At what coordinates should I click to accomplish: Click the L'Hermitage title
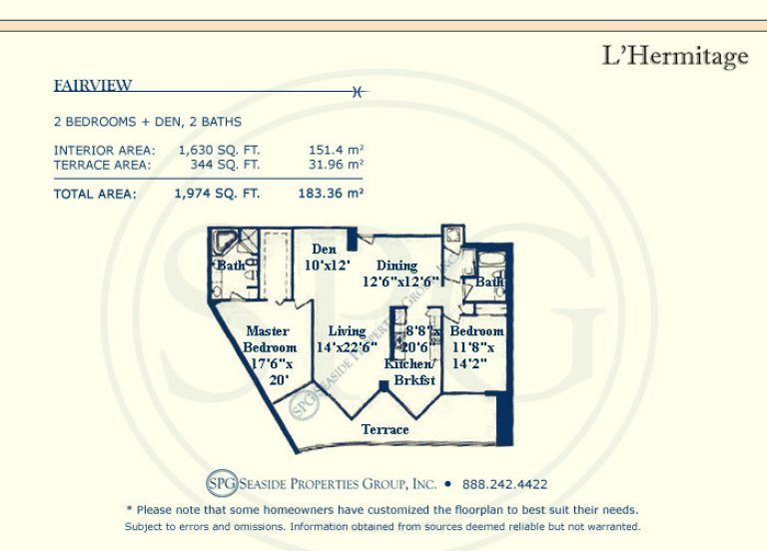pos(675,56)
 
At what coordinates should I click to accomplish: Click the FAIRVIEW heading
pos(93,86)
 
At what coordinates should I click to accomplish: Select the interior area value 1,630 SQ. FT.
pos(219,150)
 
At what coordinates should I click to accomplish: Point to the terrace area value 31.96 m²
pos(336,165)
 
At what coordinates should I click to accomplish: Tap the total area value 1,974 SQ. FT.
pos(217,194)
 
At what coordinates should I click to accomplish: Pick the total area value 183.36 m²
pos(331,194)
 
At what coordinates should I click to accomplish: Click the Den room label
pos(324,250)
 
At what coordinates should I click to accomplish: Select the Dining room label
pos(396,266)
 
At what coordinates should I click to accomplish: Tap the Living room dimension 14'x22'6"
pos(347,347)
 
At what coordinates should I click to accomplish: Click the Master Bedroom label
pos(270,339)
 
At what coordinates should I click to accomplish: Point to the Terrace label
pos(384,429)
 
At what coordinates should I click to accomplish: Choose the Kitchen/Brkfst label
pos(409,372)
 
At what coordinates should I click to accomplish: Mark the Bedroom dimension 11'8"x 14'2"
pos(472,355)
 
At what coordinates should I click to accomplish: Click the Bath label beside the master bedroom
pos(231,266)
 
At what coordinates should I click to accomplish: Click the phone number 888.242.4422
pos(504,484)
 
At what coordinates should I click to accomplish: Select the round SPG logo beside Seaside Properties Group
pos(222,483)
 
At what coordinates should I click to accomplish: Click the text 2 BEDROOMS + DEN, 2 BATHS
pos(148,122)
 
